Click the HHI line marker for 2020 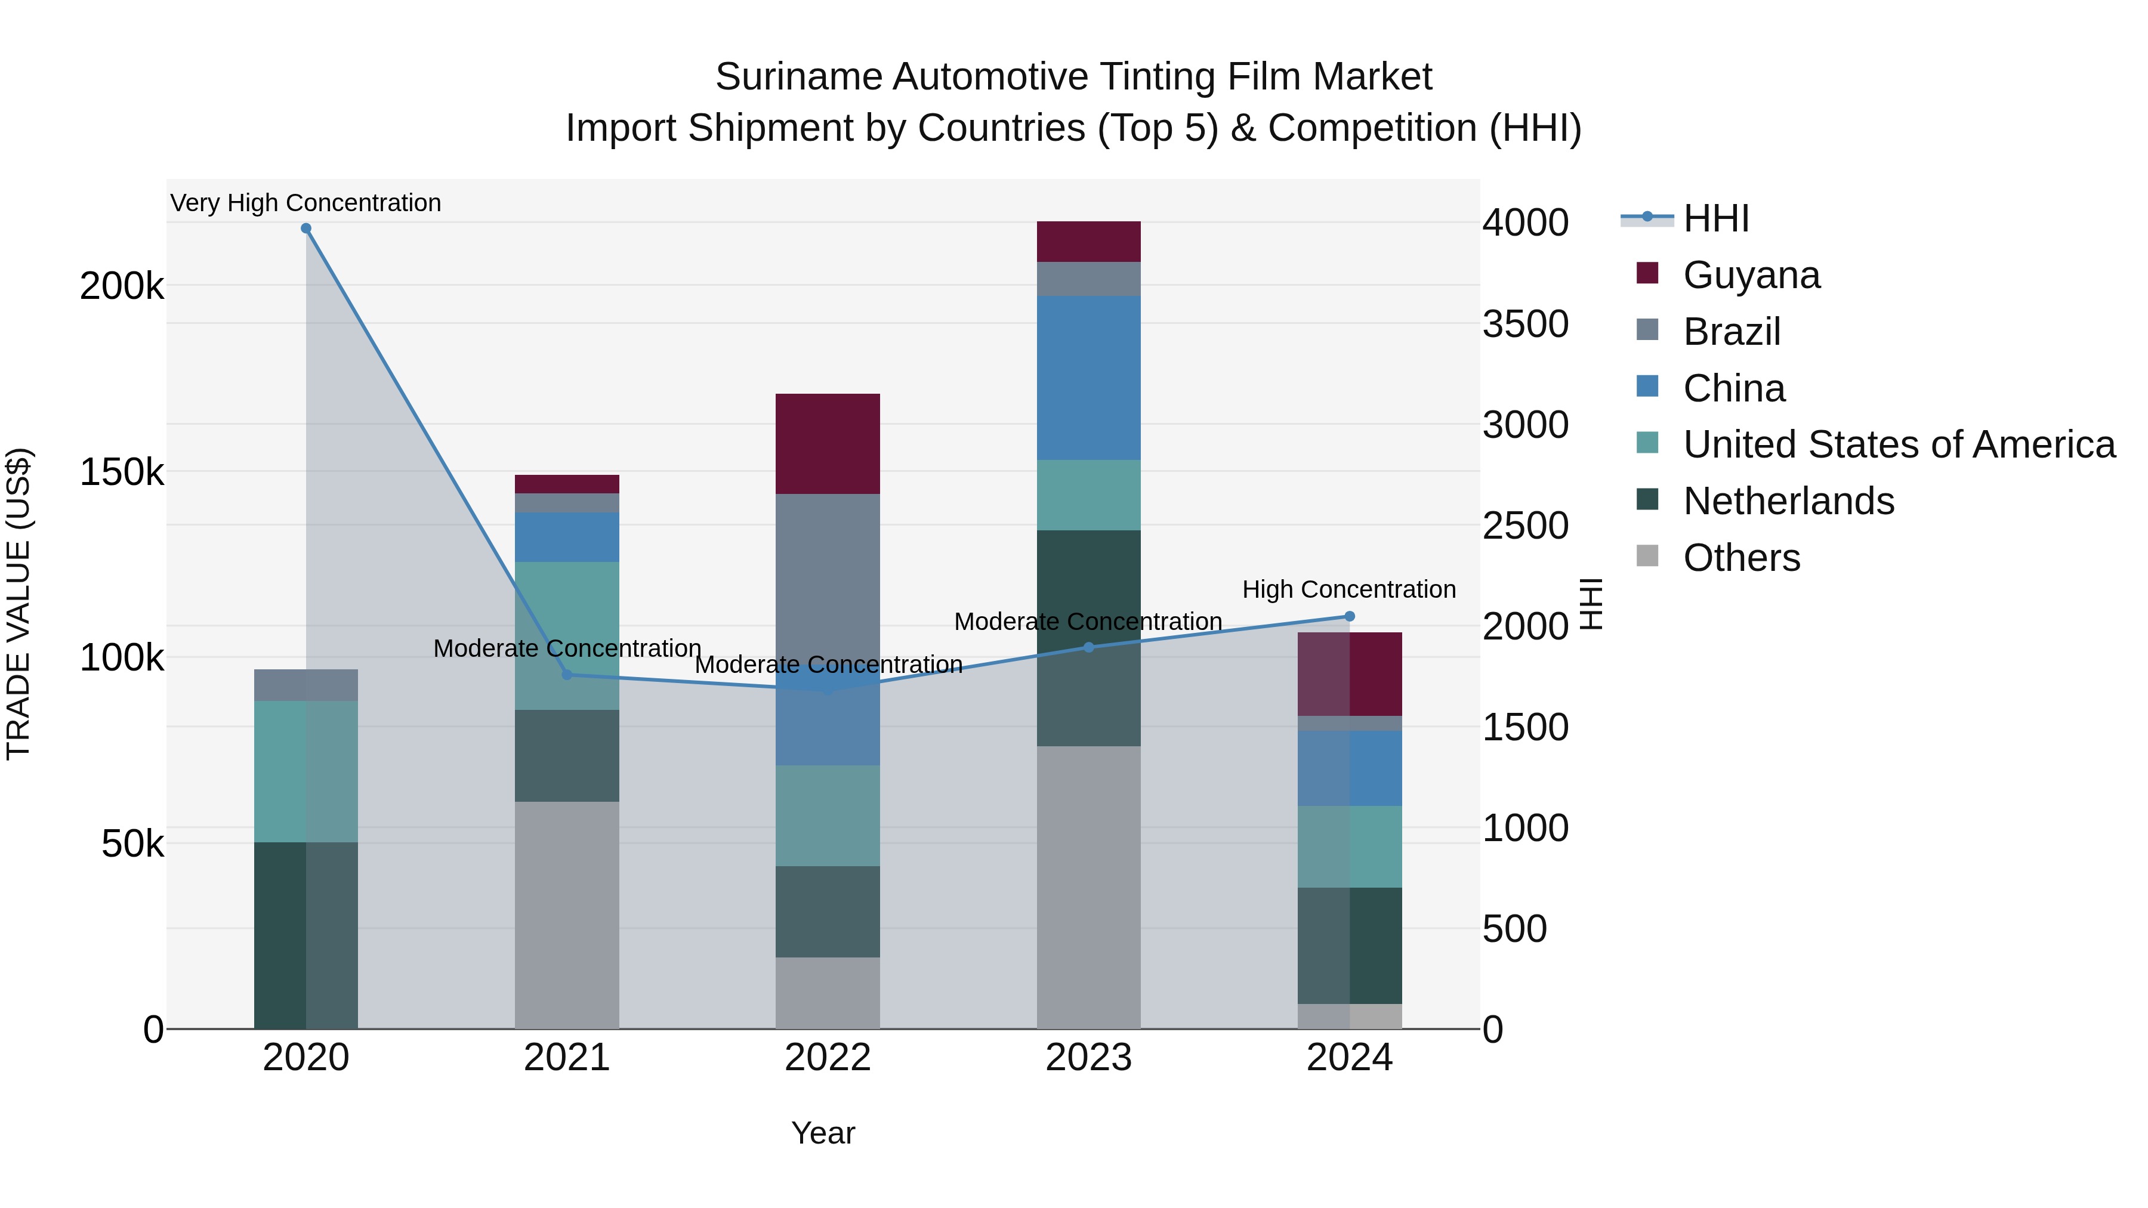click(x=306, y=228)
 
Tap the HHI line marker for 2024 click(x=1349, y=617)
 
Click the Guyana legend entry click(x=1751, y=275)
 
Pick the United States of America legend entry click(x=1899, y=444)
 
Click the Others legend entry click(x=1741, y=558)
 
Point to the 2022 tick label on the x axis click(x=827, y=1058)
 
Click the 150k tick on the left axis click(x=122, y=472)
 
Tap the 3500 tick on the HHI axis click(x=1525, y=325)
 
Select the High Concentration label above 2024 click(x=1348, y=589)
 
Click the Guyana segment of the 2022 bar click(x=827, y=443)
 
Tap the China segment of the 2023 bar click(x=1088, y=378)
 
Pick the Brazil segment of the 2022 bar click(x=827, y=575)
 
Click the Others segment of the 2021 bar click(x=567, y=915)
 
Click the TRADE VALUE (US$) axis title click(x=18, y=604)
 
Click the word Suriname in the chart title click(x=799, y=77)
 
